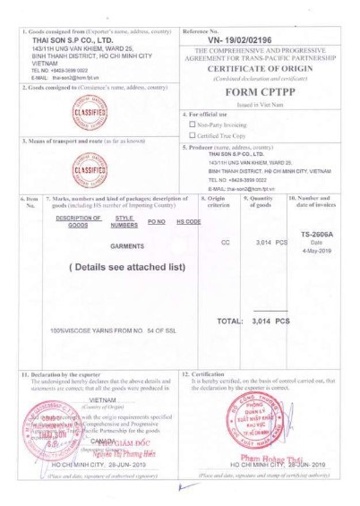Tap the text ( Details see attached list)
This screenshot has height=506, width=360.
pos(126,267)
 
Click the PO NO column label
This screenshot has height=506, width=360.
pos(158,220)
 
